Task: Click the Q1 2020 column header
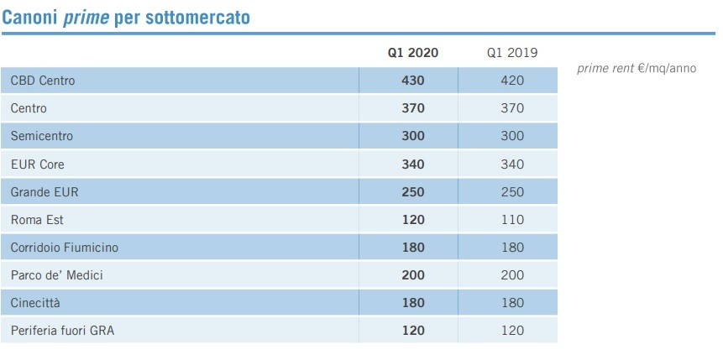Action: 412,53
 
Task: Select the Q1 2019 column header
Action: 511,53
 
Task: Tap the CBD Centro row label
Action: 43,81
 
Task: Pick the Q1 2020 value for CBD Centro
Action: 413,81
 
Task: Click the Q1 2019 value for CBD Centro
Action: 511,81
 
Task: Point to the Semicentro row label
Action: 42,136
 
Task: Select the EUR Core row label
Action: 38,164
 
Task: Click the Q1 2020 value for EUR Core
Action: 413,164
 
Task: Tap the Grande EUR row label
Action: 45,192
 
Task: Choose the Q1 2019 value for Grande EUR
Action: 511,192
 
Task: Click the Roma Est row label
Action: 37,220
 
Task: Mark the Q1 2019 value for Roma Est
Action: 511,220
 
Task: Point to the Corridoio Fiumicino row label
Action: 65,248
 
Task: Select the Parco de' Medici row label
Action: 56,275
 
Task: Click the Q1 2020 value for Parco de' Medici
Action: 413,275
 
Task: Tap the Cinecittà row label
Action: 37,303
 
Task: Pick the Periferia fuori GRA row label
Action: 62,331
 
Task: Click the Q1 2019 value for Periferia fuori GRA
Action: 511,331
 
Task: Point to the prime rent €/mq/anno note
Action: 637,68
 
